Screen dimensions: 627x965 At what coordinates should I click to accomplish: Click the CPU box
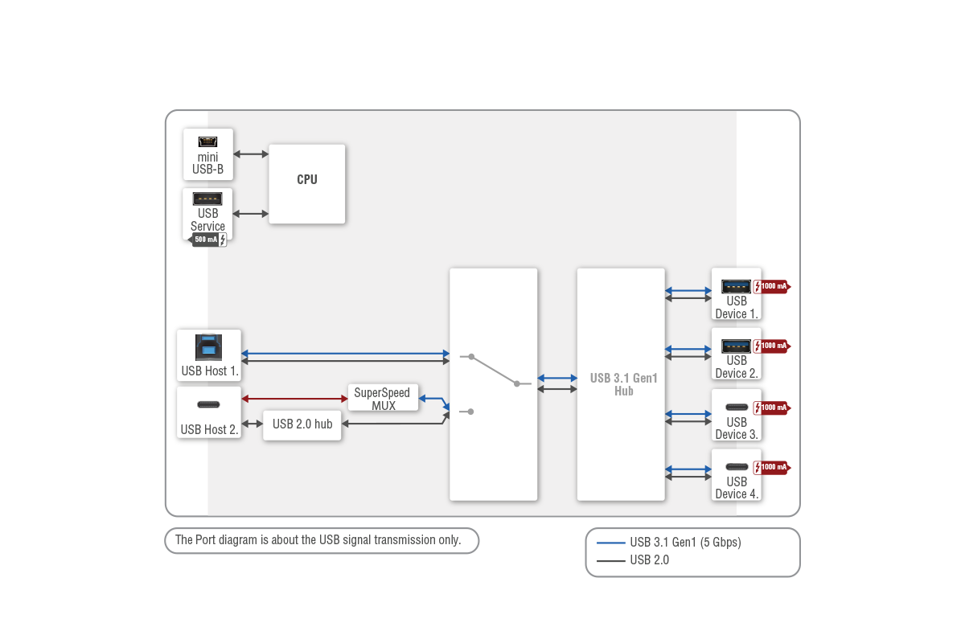[x=306, y=183]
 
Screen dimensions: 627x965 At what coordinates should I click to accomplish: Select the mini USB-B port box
[x=208, y=154]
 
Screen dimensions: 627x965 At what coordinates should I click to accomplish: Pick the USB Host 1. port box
[x=209, y=354]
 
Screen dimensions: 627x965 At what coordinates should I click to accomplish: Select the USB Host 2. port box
[x=209, y=412]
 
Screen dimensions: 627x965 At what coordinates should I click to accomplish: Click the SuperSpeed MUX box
[x=383, y=398]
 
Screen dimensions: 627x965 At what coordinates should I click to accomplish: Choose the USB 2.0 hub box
[x=302, y=424]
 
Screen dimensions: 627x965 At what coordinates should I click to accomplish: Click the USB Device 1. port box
[x=737, y=294]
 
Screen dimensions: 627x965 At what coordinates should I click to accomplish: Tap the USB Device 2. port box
[x=737, y=354]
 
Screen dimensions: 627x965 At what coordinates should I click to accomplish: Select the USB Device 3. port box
[x=737, y=415]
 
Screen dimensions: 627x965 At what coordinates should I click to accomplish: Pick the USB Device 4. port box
[x=737, y=474]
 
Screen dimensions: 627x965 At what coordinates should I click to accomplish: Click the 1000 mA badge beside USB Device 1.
[x=771, y=286]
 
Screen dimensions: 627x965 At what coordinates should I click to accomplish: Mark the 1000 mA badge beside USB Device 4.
[x=771, y=467]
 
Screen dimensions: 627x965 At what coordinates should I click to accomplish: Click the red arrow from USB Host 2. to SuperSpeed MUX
[x=294, y=399]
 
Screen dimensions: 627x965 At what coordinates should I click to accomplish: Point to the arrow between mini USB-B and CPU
[x=251, y=154]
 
